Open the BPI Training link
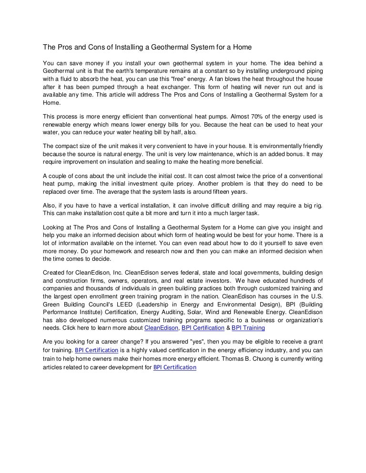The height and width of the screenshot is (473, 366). [248, 328]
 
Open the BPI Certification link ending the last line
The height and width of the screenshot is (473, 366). [175, 367]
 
